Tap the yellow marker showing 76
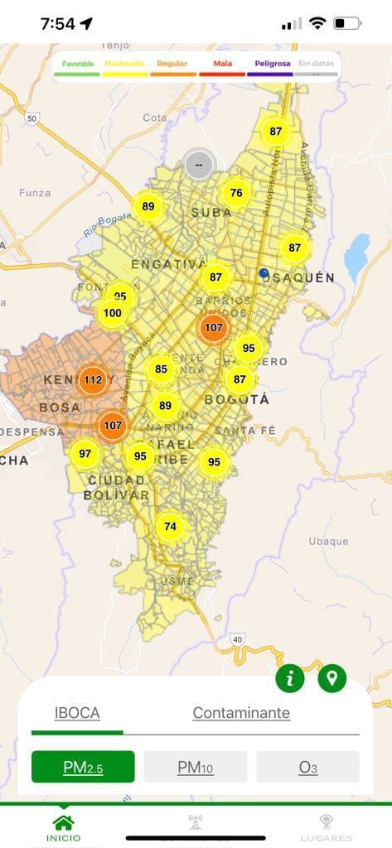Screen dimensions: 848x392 tap(236, 193)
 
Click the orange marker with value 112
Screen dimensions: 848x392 tap(93, 380)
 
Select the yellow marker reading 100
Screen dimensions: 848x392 tap(113, 313)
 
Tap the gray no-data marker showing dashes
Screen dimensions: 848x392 tap(199, 164)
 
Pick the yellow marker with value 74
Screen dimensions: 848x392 tap(171, 527)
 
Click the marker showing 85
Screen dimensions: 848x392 tap(161, 369)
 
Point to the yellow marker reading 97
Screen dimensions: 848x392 tap(85, 453)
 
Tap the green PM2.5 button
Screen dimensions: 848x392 tap(83, 767)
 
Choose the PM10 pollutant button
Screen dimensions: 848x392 tap(196, 767)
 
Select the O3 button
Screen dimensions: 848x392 tap(307, 767)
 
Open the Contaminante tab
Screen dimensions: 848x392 tap(241, 712)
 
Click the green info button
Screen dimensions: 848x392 tap(290, 679)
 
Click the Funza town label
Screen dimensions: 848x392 tap(35, 193)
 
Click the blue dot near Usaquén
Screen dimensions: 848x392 tap(264, 272)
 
